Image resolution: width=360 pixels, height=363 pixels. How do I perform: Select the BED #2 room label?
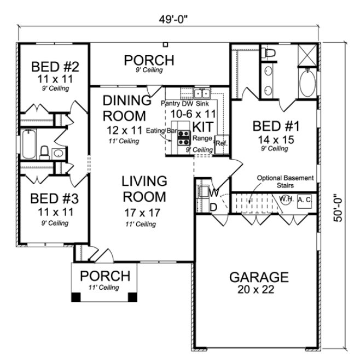pyautogui.click(x=55, y=67)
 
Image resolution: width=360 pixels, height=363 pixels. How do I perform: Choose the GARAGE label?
pyautogui.click(x=251, y=277)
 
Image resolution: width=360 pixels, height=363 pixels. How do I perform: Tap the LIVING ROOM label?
pyautogui.click(x=144, y=189)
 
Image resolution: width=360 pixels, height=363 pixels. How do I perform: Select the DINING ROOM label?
pyautogui.click(x=127, y=108)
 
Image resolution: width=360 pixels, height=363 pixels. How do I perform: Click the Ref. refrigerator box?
pyautogui.click(x=222, y=143)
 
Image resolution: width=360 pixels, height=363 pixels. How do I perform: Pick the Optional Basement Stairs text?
pyautogui.click(x=285, y=181)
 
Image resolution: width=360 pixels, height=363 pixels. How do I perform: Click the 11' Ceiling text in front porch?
pyautogui.click(x=104, y=288)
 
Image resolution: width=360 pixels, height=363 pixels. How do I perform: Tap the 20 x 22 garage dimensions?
pyautogui.click(x=251, y=290)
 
